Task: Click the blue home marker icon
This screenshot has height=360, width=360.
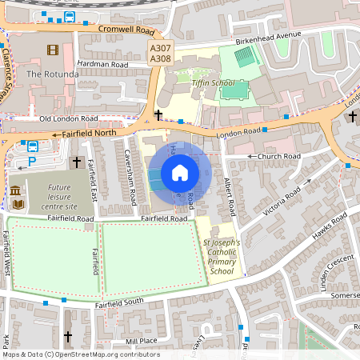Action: pos(180,173)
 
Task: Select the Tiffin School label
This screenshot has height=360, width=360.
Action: pos(212,82)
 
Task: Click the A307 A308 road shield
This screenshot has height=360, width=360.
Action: pos(160,53)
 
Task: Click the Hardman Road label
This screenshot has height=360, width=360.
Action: pos(102,63)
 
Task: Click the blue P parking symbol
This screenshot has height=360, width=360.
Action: pos(32,161)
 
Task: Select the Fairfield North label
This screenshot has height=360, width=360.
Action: pos(89,133)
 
